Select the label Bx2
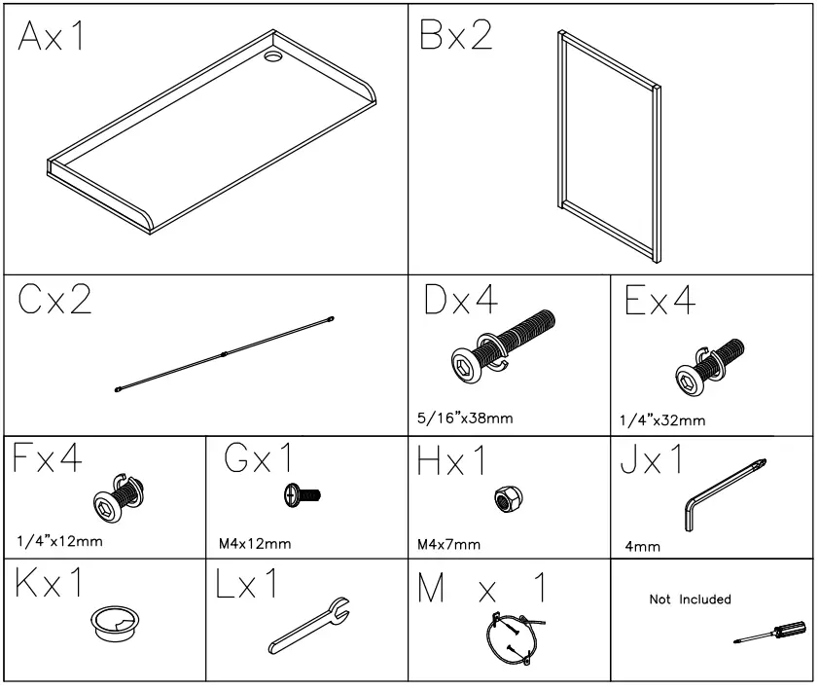click(456, 39)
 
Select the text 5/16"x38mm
click(464, 418)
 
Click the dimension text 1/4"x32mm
click(661, 421)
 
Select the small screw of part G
click(301, 495)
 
